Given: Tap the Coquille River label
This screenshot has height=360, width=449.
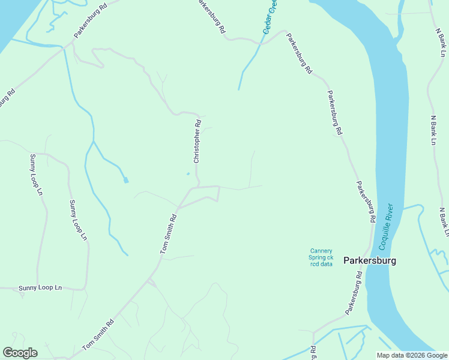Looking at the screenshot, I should pyautogui.click(x=385, y=227).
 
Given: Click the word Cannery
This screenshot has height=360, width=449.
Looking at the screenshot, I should pyautogui.click(x=321, y=251).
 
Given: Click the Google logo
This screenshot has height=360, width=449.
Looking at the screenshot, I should pyautogui.click(x=20, y=353).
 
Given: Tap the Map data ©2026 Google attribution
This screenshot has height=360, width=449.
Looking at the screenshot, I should pyautogui.click(x=412, y=355).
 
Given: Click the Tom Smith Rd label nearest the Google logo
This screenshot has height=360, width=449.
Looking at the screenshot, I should pyautogui.click(x=98, y=335).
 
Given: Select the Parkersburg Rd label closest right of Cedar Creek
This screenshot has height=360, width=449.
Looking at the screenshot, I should pyautogui.click(x=299, y=53).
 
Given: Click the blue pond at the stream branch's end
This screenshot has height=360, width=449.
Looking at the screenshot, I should pyautogui.click(x=126, y=180).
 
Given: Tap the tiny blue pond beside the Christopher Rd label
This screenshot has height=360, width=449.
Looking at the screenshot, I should pyautogui.click(x=188, y=175).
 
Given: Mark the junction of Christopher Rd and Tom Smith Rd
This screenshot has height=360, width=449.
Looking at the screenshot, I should pyautogui.click(x=199, y=187).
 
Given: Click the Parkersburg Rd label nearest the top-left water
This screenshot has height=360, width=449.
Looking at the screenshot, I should pyautogui.click(x=90, y=21).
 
